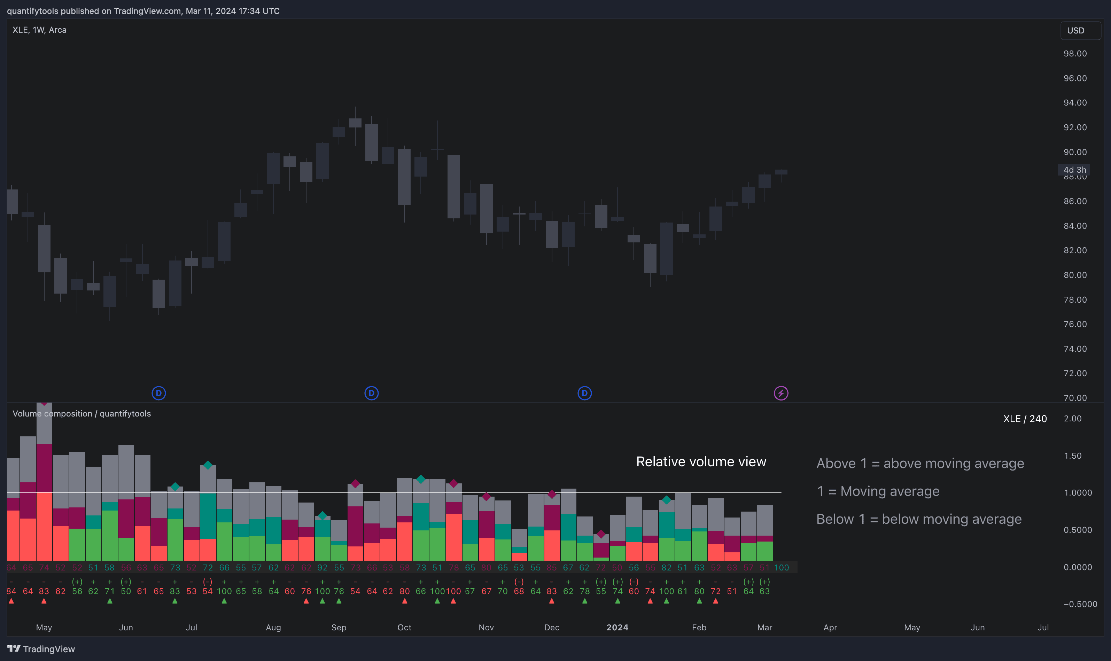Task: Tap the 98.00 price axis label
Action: [1075, 53]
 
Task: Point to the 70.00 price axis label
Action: [1075, 398]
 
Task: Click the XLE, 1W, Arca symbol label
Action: [39, 30]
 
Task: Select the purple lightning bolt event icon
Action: [780, 393]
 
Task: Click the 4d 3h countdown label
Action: [1074, 170]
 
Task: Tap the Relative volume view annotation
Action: [701, 461]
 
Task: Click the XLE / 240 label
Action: [1025, 419]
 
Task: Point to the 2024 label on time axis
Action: [617, 627]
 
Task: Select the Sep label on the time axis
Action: [339, 627]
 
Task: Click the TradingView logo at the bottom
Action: [41, 649]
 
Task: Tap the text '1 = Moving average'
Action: [878, 491]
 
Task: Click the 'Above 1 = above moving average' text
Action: [920, 463]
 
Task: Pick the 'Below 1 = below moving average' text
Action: [919, 519]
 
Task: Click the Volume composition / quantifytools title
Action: [81, 413]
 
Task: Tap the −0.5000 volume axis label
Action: [1080, 604]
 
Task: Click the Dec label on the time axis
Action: [551, 627]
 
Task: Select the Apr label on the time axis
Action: [830, 627]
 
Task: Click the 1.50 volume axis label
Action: [1072, 456]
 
